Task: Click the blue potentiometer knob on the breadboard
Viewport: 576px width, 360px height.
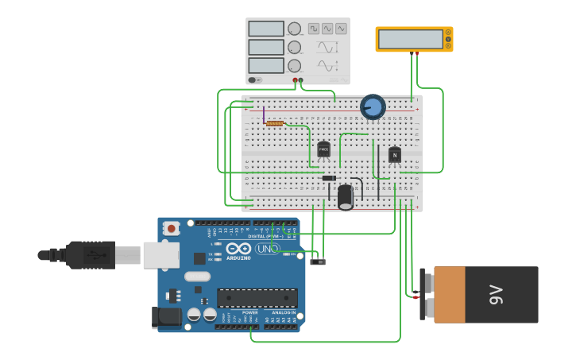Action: point(373,106)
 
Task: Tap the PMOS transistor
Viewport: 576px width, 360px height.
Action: point(323,149)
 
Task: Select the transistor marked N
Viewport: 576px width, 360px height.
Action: point(394,154)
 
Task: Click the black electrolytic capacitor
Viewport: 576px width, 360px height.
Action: point(345,196)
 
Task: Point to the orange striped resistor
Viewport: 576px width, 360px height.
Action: point(275,123)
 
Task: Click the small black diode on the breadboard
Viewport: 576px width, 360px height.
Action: point(328,178)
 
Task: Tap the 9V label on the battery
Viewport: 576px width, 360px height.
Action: point(496,295)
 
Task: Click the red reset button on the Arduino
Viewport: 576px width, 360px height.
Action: point(172,228)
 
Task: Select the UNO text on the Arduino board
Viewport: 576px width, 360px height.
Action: point(267,249)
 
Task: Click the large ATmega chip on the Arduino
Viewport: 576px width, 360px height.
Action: point(257,298)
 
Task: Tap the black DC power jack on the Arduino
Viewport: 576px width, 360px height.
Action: point(166,317)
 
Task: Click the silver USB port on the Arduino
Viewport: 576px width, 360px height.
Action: point(160,255)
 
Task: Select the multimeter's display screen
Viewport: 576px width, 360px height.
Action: point(410,39)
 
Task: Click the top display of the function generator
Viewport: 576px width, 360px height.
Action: point(265,29)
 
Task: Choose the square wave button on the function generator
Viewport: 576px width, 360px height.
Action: point(313,29)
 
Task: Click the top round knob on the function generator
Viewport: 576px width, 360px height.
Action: point(294,29)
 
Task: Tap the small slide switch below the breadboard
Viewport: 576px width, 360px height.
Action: point(318,261)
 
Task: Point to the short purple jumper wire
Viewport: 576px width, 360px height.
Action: point(263,115)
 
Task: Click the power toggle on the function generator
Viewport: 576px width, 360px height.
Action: point(254,79)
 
